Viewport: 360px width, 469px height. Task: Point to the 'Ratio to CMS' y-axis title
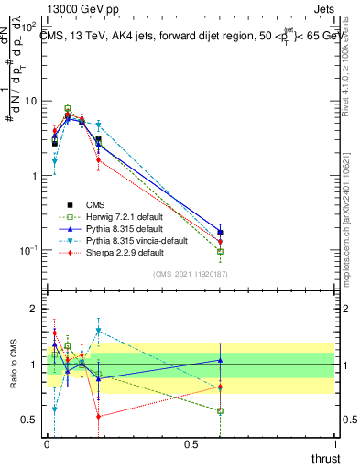12,364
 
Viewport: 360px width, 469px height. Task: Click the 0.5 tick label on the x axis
191,443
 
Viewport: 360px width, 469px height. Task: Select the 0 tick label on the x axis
47,443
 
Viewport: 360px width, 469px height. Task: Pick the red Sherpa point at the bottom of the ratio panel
98,416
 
